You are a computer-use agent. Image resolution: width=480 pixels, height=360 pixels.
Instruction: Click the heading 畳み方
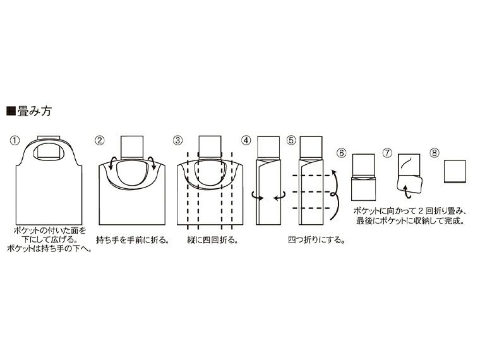pyautogui.click(x=33, y=112)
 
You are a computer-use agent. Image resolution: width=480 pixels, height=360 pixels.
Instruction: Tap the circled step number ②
pyautogui.click(x=99, y=140)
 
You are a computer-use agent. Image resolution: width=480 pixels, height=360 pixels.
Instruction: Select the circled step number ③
pyautogui.click(x=178, y=140)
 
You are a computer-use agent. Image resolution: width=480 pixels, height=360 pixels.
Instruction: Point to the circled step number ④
pyautogui.click(x=246, y=140)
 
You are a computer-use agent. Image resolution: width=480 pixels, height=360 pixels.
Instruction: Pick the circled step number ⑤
pyautogui.click(x=291, y=140)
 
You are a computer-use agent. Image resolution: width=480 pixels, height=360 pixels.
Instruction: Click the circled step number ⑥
pyautogui.click(x=342, y=153)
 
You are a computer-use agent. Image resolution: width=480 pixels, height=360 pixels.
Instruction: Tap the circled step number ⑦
pyautogui.click(x=388, y=153)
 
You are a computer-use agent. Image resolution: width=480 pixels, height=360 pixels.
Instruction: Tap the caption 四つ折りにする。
pyautogui.click(x=309, y=240)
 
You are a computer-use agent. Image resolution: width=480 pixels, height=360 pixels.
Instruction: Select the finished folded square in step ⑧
pyautogui.click(x=455, y=171)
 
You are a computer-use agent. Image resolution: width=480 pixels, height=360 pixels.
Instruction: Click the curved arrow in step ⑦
pyautogui.click(x=402, y=184)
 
